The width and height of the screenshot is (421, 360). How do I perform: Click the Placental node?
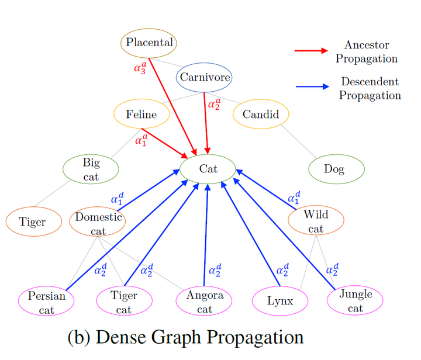pyautogui.click(x=149, y=43)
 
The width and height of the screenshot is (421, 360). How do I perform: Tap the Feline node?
pyautogui.click(x=142, y=115)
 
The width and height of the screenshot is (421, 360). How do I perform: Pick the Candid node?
pyautogui.click(x=260, y=114)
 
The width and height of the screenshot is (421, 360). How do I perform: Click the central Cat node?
pyautogui.click(x=208, y=169)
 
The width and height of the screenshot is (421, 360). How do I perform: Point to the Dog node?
pyautogui.click(x=336, y=169)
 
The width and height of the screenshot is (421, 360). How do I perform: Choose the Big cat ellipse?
pyautogui.click(x=91, y=169)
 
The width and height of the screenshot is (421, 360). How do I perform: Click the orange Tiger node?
pyautogui.click(x=33, y=222)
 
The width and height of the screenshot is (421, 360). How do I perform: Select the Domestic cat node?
pyautogui.click(x=98, y=223)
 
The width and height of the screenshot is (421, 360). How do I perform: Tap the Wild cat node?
pyautogui.click(x=316, y=221)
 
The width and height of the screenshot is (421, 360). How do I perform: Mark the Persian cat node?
pyautogui.click(x=46, y=302)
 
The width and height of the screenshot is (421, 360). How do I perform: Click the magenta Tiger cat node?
pyautogui.click(x=124, y=302)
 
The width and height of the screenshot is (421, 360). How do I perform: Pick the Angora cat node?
pyautogui.click(x=205, y=301)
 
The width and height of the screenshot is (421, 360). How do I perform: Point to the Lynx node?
pyautogui.click(x=279, y=301)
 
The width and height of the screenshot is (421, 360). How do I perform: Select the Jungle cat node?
pyautogui.click(x=355, y=300)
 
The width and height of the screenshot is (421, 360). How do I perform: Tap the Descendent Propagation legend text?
pyautogui.click(x=370, y=88)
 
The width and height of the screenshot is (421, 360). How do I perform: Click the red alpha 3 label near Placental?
pyautogui.click(x=140, y=68)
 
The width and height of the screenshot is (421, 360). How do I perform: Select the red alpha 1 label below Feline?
pyautogui.click(x=142, y=140)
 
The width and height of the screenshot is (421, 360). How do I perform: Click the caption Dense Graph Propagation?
pyautogui.click(x=185, y=337)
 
